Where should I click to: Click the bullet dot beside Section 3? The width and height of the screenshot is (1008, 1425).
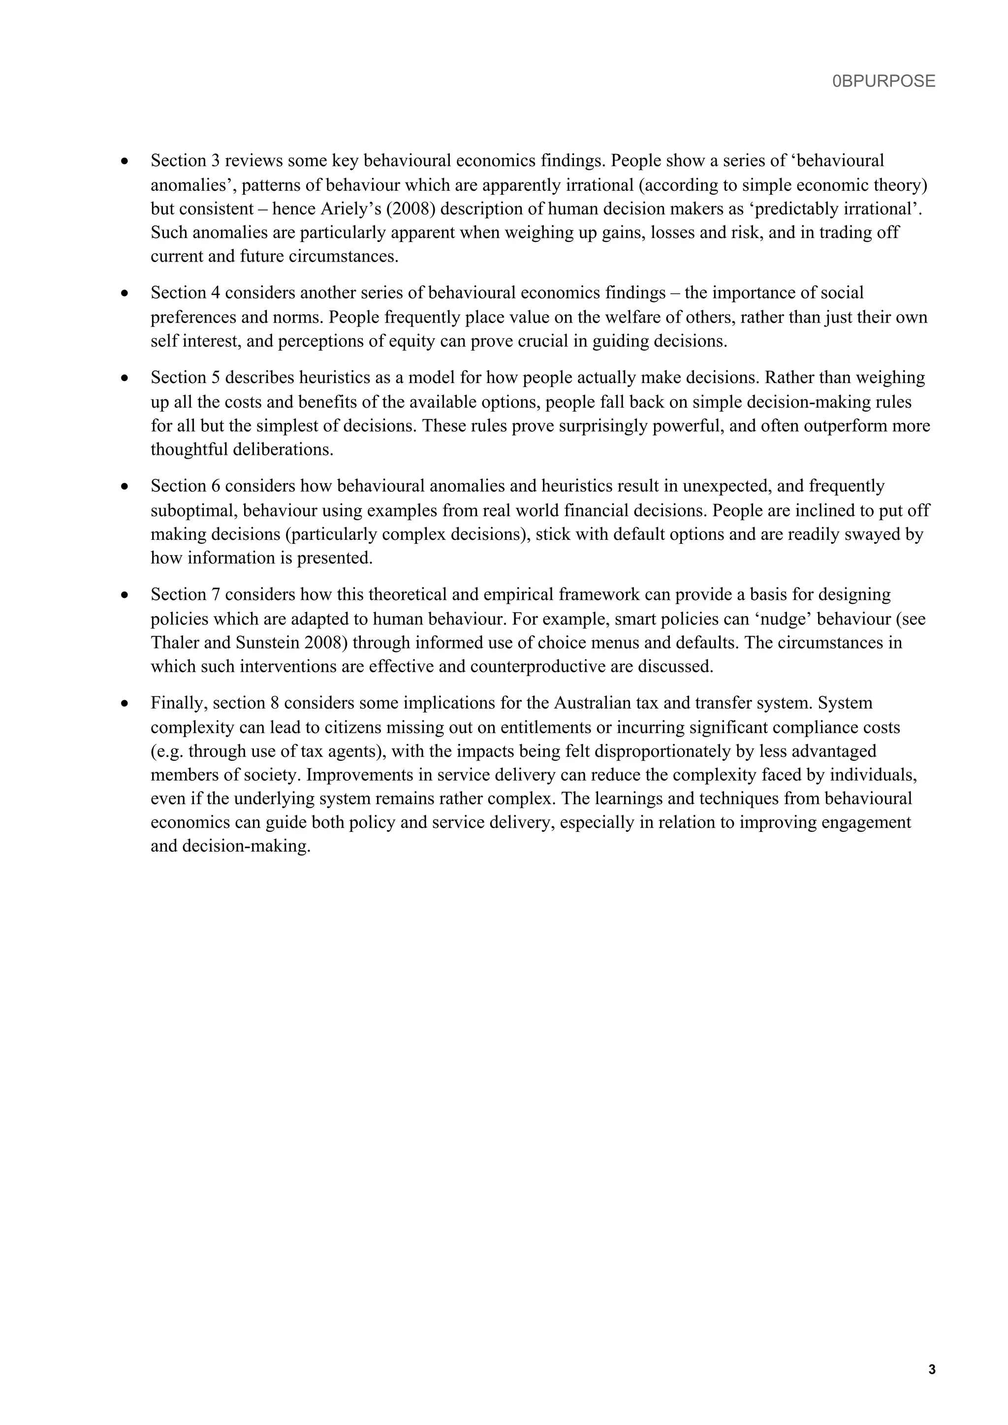coord(126,161)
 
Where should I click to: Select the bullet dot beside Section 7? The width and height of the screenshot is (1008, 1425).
coord(126,595)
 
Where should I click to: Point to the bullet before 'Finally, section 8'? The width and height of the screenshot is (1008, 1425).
coord(126,704)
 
